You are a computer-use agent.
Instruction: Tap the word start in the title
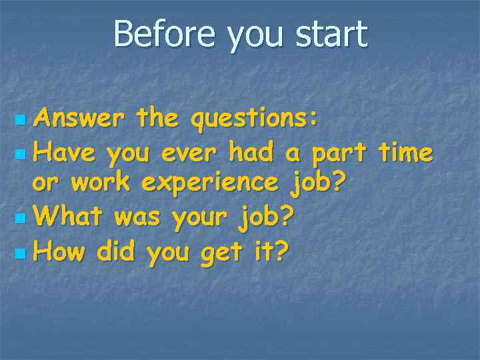[331, 34]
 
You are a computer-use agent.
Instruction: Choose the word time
[405, 153]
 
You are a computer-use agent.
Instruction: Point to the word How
[60, 251]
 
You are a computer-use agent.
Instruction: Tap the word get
[219, 253]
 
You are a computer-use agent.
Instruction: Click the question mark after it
[282, 251]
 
